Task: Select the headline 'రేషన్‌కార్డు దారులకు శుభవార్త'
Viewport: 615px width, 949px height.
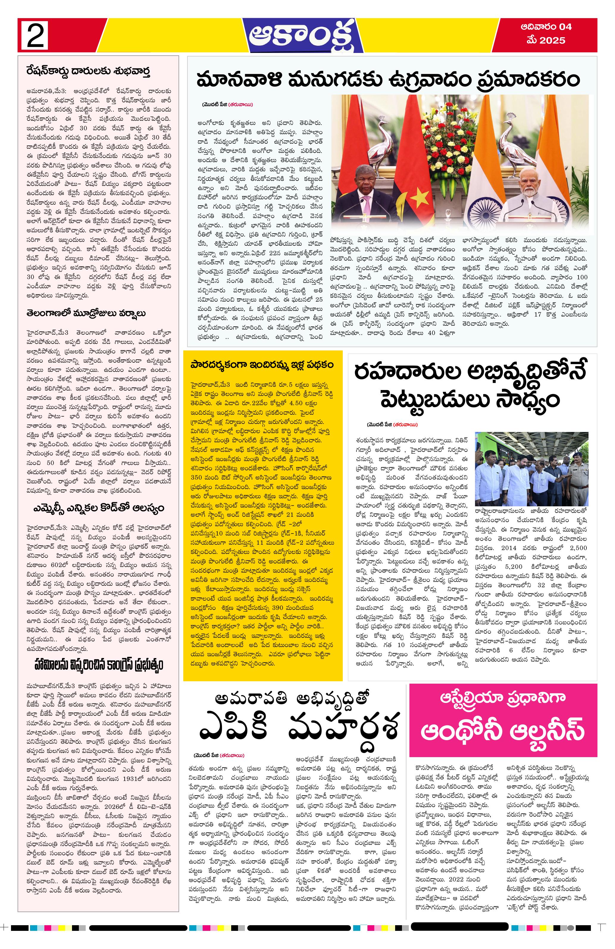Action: [88, 72]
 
